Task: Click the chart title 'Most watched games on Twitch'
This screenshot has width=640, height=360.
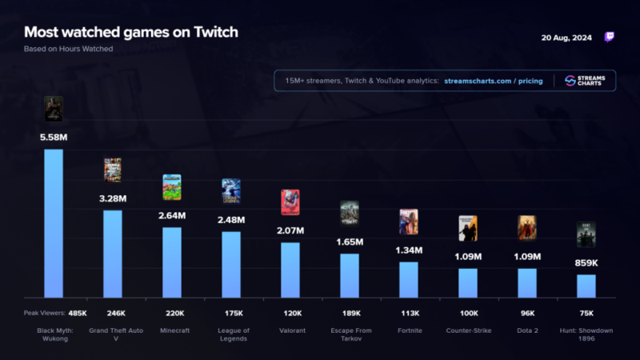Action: (x=130, y=32)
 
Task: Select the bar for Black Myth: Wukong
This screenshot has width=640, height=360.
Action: (x=54, y=223)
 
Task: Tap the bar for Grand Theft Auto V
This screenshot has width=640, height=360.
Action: (x=113, y=254)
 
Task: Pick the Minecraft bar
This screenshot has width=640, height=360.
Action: (x=172, y=262)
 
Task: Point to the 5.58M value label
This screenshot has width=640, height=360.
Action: (x=54, y=138)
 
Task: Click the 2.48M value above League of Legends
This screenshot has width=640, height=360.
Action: (x=231, y=220)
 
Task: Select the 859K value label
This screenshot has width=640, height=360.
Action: (x=586, y=262)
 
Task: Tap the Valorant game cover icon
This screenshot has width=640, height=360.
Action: (x=290, y=202)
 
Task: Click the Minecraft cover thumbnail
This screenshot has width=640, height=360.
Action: (x=172, y=186)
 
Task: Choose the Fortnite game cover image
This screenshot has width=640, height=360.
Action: (x=409, y=222)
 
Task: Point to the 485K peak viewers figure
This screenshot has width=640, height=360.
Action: (x=78, y=313)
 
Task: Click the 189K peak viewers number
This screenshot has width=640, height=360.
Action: (x=350, y=313)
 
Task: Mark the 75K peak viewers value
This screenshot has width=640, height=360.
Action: (x=586, y=313)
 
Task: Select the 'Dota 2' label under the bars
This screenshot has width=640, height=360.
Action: (x=527, y=330)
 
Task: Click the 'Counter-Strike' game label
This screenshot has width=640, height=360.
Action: (x=468, y=330)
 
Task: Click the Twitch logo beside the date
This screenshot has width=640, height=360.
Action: (x=610, y=37)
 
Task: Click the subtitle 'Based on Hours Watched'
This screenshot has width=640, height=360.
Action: (x=69, y=49)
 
